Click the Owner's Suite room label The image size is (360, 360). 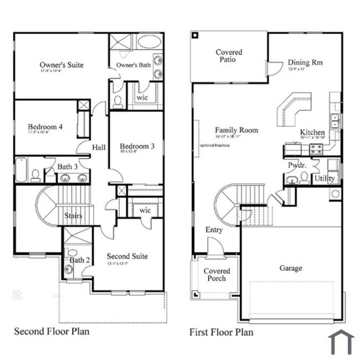click(61, 65)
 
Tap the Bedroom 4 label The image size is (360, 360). click(45, 126)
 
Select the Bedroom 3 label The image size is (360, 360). click(135, 146)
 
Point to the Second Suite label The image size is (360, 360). click(127, 256)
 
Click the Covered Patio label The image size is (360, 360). click(229, 56)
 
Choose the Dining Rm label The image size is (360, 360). click(305, 63)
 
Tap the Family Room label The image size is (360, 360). click(236, 130)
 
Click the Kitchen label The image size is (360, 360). click(312, 132)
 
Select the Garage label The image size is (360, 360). click(290, 268)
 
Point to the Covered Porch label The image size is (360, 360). click(217, 275)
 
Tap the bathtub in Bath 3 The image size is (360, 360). click(20, 171)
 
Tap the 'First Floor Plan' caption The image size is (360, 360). click(222, 332)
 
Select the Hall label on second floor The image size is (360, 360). click(99, 147)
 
